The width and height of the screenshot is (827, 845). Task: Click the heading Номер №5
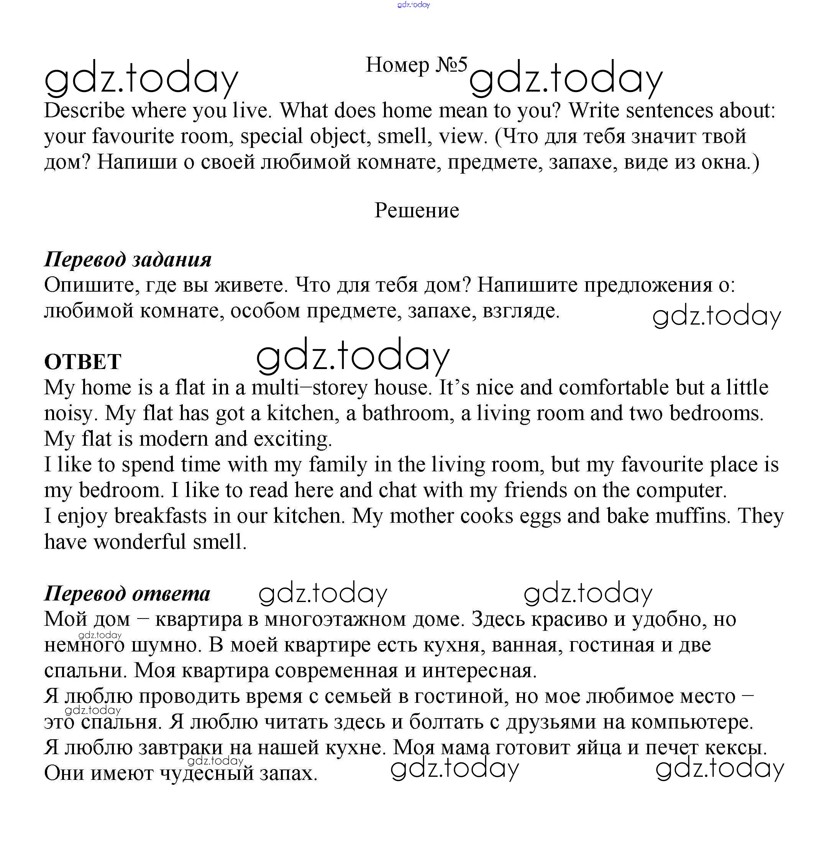point(416,65)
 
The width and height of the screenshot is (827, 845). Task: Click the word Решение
point(417,211)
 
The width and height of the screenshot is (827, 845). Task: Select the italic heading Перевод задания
point(128,259)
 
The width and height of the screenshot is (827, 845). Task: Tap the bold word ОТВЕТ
point(82,362)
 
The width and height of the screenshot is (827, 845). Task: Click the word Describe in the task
point(84,110)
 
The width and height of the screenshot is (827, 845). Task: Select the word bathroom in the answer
point(408,413)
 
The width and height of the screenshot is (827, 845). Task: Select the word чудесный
point(207,773)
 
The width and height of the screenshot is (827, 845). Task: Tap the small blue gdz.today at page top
point(413,5)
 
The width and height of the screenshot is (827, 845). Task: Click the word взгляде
point(521,311)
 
